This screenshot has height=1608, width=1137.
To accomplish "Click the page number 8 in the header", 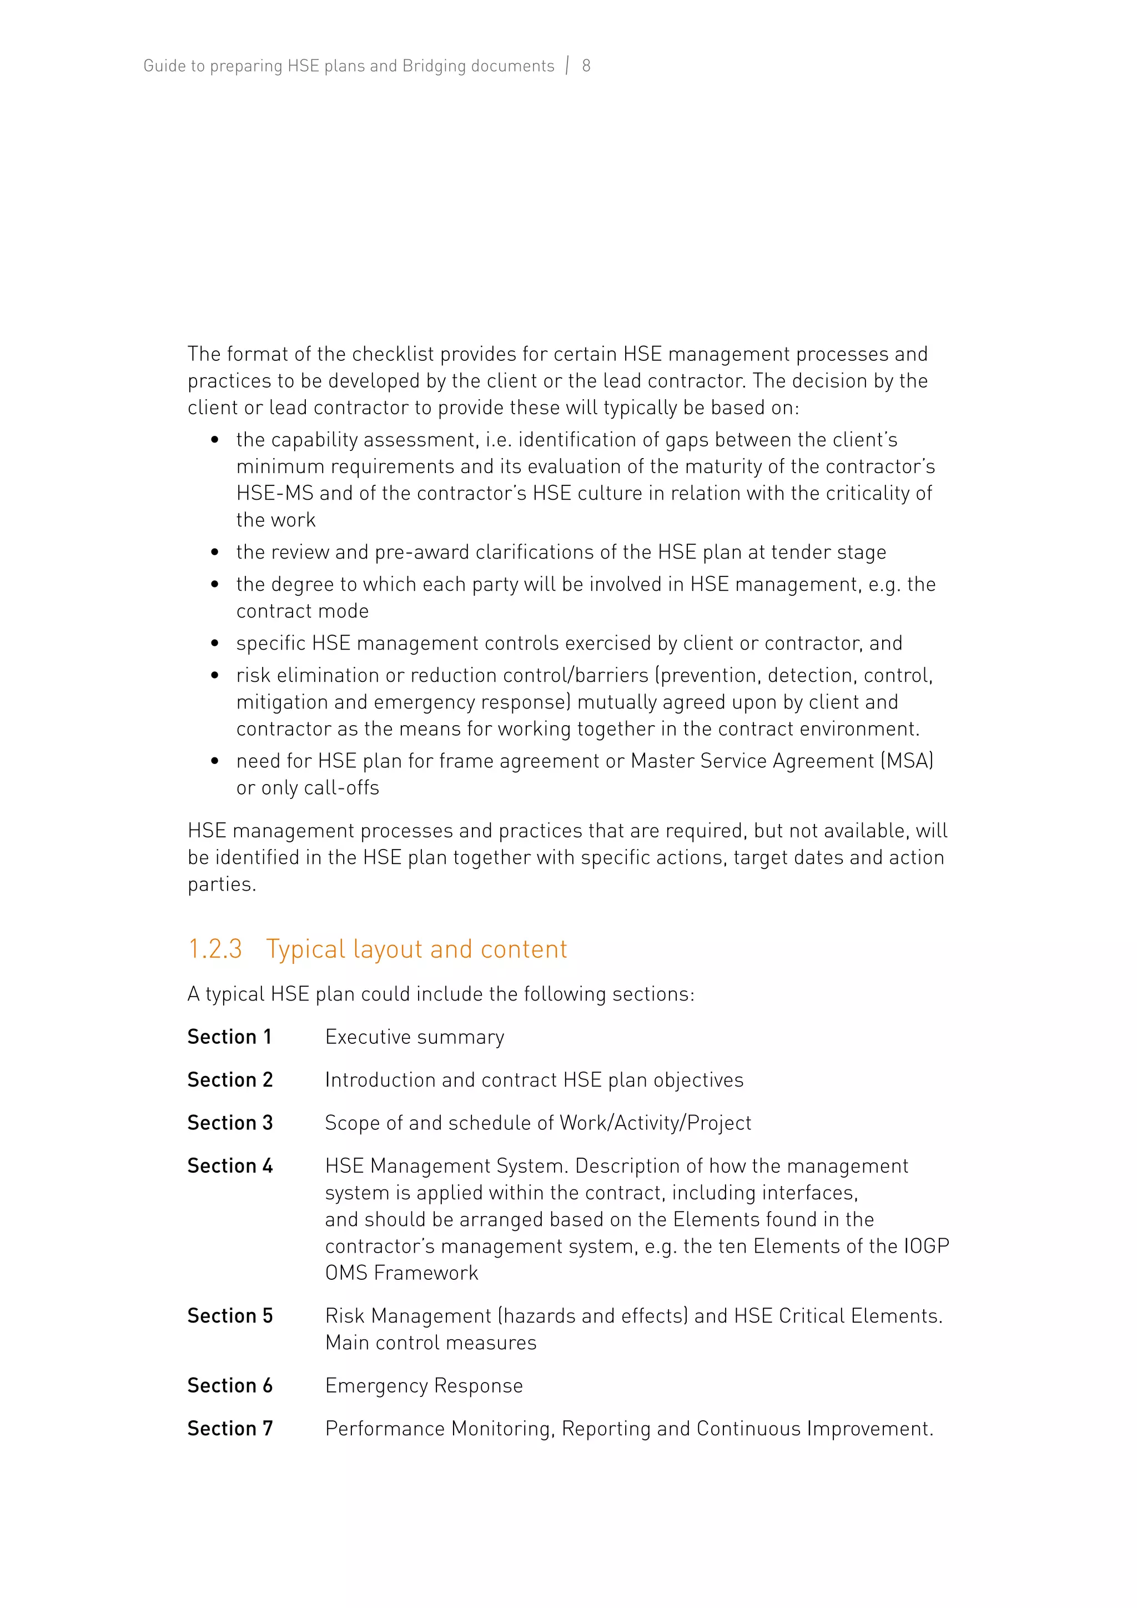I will (x=586, y=66).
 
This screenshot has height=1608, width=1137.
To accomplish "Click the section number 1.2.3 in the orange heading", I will (x=214, y=949).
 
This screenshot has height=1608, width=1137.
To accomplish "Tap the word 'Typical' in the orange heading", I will (x=305, y=949).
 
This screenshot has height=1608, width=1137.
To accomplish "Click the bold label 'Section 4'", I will (x=230, y=1165).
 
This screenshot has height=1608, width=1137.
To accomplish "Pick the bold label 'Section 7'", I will (x=230, y=1428).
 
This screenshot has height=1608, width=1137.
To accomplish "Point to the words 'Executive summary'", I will (x=415, y=1037).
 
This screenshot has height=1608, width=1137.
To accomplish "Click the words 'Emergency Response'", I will (x=424, y=1385).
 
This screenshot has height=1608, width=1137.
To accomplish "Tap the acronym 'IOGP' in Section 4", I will (x=925, y=1246).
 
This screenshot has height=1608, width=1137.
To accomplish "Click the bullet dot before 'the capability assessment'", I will (x=215, y=440).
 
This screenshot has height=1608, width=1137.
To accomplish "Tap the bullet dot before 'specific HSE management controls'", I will (x=215, y=644).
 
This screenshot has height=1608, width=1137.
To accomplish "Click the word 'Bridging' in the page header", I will (x=434, y=66).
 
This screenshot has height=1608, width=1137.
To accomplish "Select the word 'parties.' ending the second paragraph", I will (x=222, y=885).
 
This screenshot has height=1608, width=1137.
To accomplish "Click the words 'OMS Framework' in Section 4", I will (x=401, y=1273).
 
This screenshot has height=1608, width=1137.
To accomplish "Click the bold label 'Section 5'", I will (x=230, y=1315).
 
